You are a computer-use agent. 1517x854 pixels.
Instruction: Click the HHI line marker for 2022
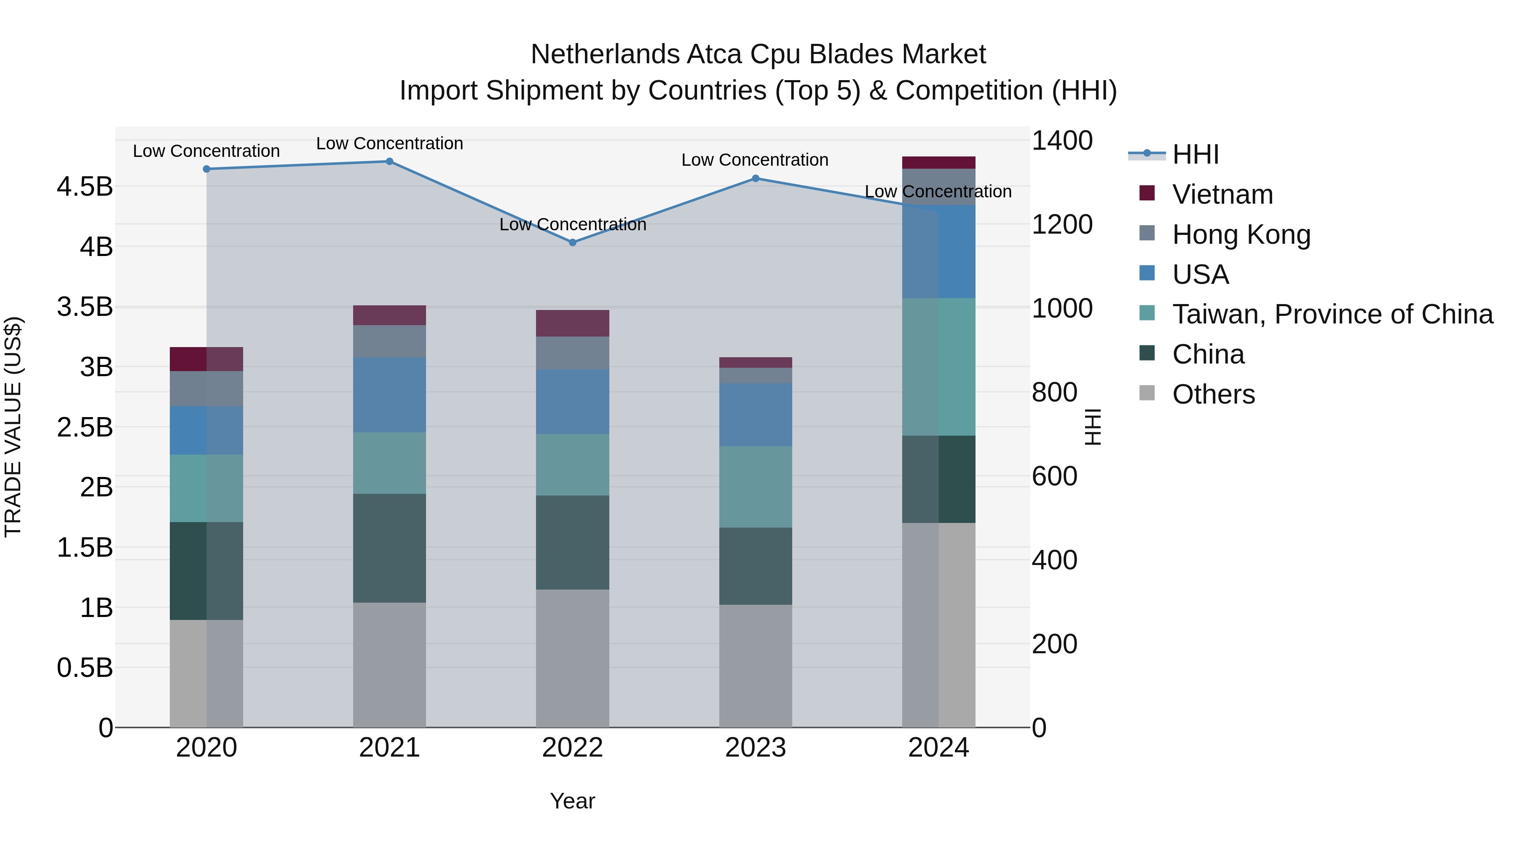572,242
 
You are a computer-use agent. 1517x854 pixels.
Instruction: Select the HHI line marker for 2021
389,162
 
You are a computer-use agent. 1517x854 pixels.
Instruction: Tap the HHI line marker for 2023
756,178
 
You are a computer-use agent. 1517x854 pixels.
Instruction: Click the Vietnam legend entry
1222,194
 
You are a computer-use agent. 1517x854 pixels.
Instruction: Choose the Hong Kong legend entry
1241,234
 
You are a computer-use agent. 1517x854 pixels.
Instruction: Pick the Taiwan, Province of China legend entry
1332,314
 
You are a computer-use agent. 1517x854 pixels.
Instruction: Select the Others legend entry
1213,394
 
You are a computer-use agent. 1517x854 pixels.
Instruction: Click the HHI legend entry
1195,154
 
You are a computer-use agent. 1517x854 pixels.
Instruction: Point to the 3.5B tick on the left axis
85,307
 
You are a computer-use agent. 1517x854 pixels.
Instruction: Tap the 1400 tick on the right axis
1062,141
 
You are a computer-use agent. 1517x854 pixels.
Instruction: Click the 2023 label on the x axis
756,748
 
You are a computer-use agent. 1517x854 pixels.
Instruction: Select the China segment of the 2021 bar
389,548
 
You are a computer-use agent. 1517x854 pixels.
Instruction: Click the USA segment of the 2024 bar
939,252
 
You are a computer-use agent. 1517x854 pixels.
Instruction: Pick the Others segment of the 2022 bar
572,658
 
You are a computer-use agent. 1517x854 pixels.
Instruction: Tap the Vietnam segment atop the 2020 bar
206,359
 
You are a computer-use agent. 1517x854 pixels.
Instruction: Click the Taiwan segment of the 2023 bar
756,487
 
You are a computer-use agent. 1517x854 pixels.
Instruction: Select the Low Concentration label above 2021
389,144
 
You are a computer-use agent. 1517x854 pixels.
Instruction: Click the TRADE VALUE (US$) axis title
13,427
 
